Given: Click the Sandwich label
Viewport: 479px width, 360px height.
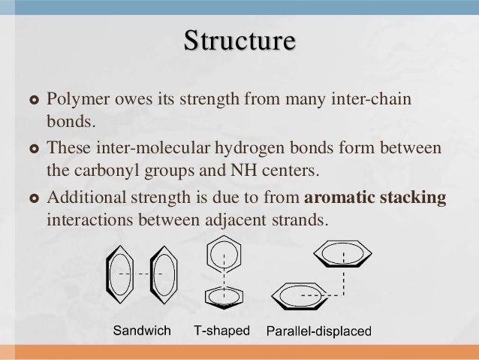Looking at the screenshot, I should tap(143, 330).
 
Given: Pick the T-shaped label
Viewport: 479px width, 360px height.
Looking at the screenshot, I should tap(221, 330).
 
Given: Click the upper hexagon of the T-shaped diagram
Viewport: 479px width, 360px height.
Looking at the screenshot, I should tap(224, 253).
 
